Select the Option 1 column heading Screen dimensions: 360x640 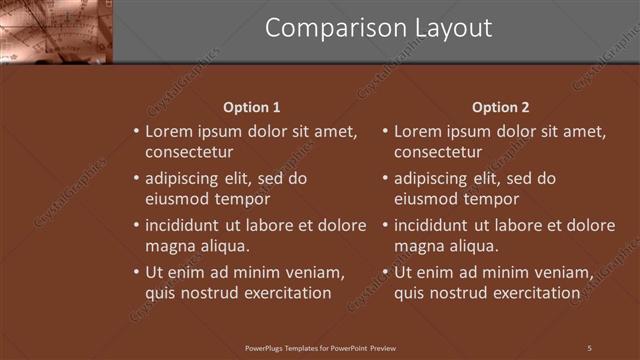(x=250, y=107)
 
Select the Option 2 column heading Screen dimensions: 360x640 (x=500, y=107)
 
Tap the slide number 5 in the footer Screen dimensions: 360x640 (x=589, y=348)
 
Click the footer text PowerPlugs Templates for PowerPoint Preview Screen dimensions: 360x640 (x=320, y=348)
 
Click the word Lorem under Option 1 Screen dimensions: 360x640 (x=169, y=131)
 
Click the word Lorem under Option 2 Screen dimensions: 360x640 (x=418, y=131)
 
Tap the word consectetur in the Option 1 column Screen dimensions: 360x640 (x=189, y=153)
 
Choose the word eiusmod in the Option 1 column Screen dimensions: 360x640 (x=178, y=199)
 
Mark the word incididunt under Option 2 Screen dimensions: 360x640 (x=435, y=225)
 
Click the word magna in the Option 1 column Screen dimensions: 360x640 (x=168, y=246)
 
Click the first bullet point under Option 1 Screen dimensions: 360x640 (x=135, y=132)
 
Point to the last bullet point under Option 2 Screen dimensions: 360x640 (x=385, y=273)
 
